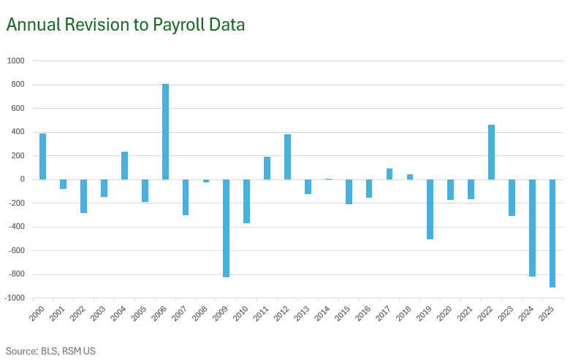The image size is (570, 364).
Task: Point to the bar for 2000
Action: [x=42, y=156]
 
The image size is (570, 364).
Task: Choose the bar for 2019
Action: [x=430, y=209]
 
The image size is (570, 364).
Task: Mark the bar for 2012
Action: [x=287, y=157]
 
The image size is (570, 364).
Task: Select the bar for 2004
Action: [x=124, y=166]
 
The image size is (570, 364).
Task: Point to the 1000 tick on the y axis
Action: [x=16, y=61]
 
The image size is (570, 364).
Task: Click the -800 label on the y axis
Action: [x=16, y=274]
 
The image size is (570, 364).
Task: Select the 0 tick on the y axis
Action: [x=23, y=179]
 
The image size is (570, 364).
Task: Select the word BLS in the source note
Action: [x=50, y=351]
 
